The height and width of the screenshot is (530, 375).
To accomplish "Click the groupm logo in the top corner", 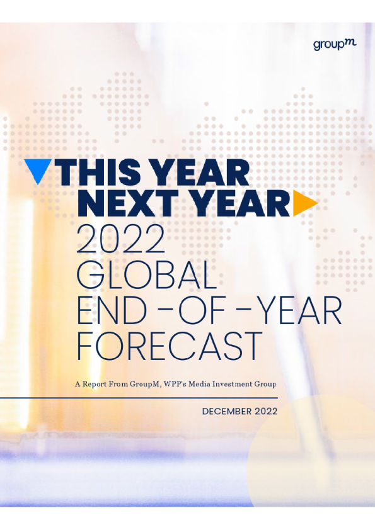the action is [335, 45].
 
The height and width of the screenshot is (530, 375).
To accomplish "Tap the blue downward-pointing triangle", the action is [38, 170].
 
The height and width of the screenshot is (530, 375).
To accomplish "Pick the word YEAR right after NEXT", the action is [239, 203].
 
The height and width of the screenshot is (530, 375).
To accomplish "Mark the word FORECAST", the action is [170, 346].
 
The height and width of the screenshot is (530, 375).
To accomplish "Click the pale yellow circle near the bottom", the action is [311, 453].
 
